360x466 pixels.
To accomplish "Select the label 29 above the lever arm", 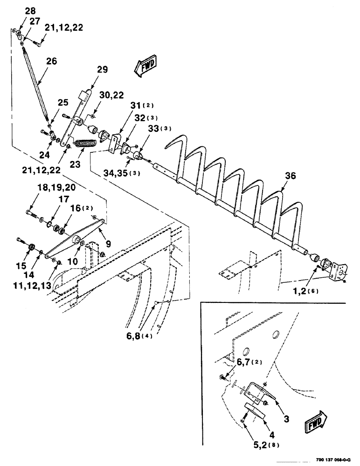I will click(102, 70).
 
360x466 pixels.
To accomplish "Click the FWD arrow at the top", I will click(145, 66).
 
